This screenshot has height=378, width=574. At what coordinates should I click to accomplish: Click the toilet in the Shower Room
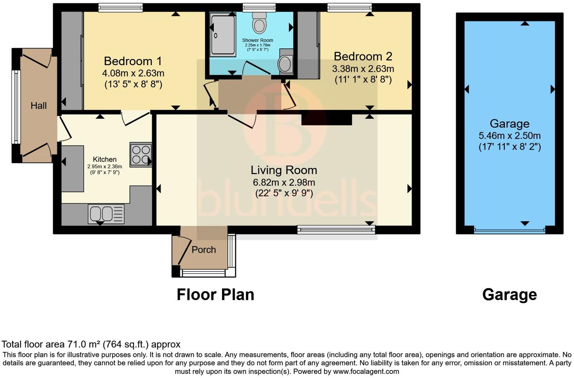pyautogui.click(x=259, y=23)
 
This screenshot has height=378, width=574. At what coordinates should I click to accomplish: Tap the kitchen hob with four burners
pyautogui.click(x=140, y=155)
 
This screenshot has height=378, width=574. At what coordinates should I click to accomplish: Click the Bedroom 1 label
pyautogui.click(x=133, y=61)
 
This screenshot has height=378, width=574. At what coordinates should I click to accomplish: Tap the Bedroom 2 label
pyautogui.click(x=363, y=56)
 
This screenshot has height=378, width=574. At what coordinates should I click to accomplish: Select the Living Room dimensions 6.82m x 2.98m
pyautogui.click(x=284, y=182)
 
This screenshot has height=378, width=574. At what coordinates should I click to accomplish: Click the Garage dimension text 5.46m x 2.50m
pyautogui.click(x=509, y=135)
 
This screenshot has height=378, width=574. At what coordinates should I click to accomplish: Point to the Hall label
pyautogui.click(x=39, y=105)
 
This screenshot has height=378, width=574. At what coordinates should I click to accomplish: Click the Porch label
pyautogui.click(x=204, y=249)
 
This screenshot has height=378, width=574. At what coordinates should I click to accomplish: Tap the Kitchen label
pyautogui.click(x=105, y=159)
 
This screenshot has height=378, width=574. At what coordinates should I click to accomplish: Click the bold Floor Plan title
pyautogui.click(x=215, y=294)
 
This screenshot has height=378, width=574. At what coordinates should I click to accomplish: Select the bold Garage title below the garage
pyautogui.click(x=509, y=294)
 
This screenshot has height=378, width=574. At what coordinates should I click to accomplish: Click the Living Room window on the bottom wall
pyautogui.click(x=336, y=229)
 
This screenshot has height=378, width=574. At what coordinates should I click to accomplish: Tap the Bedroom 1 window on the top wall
pyautogui.click(x=121, y=7)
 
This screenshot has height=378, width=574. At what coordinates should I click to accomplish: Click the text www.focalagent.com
pyautogui.click(x=366, y=371)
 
